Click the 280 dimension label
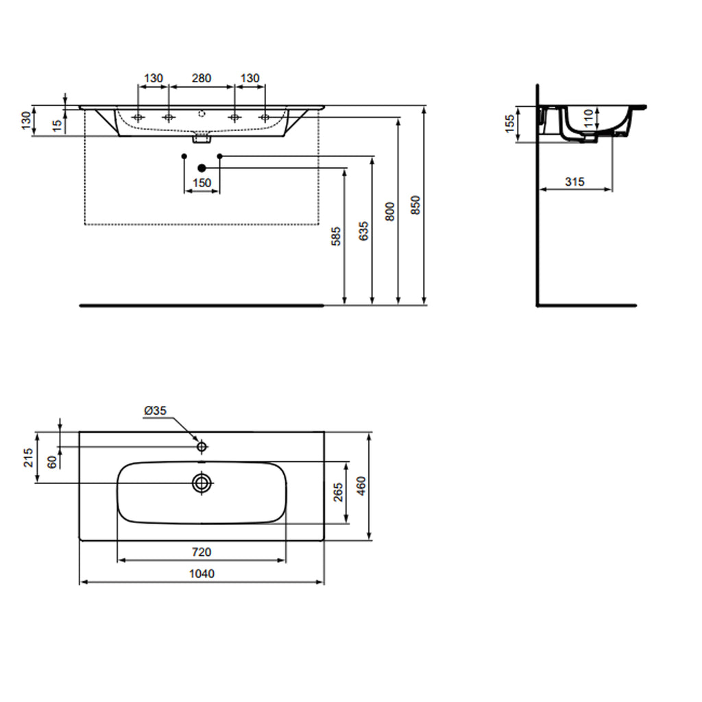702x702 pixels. click(201, 78)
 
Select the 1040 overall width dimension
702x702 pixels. click(202, 573)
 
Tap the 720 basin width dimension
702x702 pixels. click(201, 551)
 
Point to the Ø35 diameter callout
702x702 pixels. click(155, 411)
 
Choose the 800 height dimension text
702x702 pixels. click(389, 212)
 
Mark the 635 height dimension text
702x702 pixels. click(363, 231)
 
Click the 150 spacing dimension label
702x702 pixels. click(202, 183)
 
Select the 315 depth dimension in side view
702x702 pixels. click(574, 181)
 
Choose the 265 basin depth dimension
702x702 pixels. click(337, 492)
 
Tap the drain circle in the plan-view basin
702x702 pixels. click(202, 483)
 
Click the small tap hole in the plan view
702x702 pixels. click(202, 447)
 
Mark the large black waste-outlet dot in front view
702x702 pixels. click(202, 167)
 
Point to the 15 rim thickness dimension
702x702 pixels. click(58, 125)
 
